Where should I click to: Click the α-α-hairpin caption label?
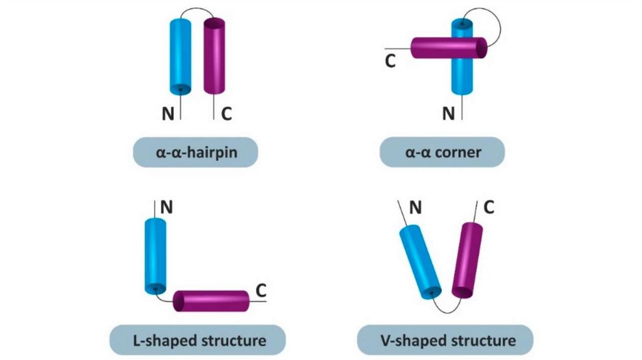click(195, 152)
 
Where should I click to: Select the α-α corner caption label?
click(442, 152)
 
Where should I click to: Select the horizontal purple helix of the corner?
click(448, 48)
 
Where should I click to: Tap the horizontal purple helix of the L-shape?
click(211, 301)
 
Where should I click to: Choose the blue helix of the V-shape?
click(421, 262)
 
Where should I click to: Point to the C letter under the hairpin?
click(226, 114)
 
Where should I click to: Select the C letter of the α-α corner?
click(390, 62)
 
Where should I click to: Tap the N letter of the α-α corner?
click(448, 114)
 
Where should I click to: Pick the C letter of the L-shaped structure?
click(262, 290)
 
